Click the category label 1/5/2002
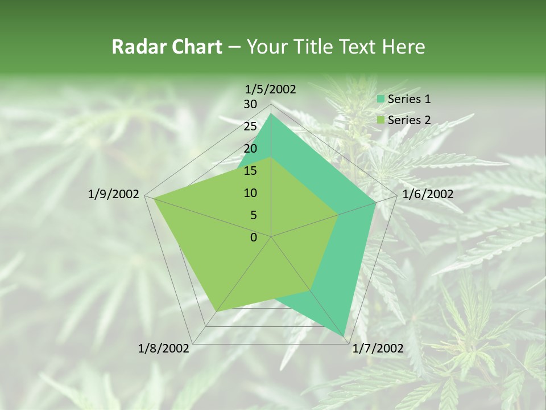[270, 89]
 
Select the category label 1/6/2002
[428, 194]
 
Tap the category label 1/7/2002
[378, 348]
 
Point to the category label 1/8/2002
[164, 348]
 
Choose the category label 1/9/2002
[114, 194]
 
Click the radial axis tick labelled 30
[250, 104]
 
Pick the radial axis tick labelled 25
[250, 126]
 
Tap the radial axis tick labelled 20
[250, 149]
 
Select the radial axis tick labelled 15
[250, 171]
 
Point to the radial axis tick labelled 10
[250, 193]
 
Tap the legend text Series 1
[409, 99]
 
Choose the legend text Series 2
[409, 120]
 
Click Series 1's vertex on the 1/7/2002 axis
[345, 335]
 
